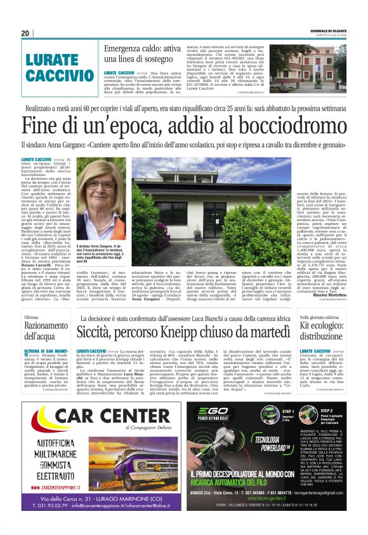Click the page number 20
click(25, 33)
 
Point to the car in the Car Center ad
click(146, 464)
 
